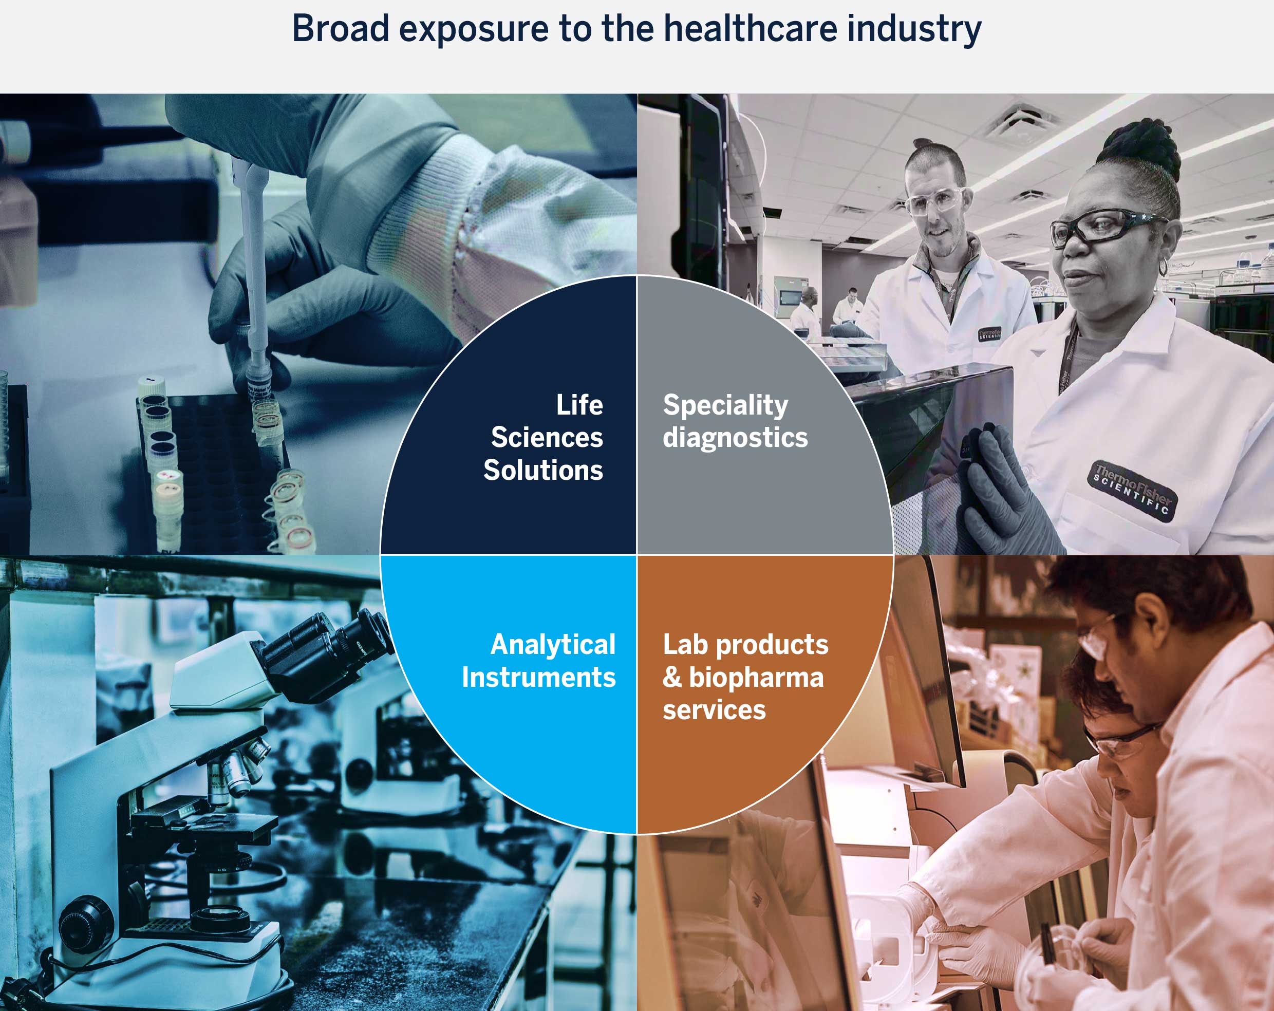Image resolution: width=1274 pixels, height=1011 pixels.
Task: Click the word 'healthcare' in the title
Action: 750,28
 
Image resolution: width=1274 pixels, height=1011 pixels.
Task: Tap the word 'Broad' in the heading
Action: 341,28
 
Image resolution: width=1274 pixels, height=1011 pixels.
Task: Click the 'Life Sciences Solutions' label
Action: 544,437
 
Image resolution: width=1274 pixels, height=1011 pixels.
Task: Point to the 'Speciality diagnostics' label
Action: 735,421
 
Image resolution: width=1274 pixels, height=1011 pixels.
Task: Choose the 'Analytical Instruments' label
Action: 539,661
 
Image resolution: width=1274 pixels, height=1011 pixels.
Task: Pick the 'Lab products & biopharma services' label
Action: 744,677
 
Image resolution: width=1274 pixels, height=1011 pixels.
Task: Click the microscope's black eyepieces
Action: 331,650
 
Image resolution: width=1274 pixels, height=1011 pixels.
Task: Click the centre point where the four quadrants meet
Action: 636,554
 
